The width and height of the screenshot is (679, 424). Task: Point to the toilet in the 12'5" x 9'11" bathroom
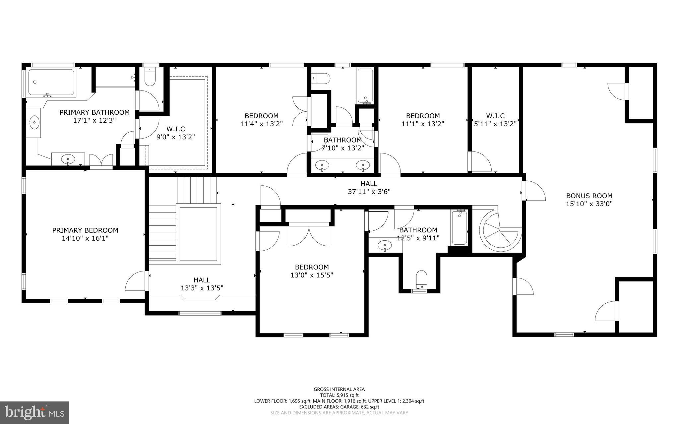[x=421, y=278]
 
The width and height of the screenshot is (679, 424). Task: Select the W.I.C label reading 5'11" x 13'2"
[x=495, y=120]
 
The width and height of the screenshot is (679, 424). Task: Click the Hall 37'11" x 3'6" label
[x=369, y=187]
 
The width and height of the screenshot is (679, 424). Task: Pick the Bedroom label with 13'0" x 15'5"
[x=312, y=271]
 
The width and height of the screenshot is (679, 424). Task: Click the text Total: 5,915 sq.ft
[x=339, y=395]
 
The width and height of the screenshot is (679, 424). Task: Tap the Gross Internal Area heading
[x=339, y=389]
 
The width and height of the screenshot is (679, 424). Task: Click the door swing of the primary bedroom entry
[x=136, y=281]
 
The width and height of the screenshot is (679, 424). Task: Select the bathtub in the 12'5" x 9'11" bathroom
[x=459, y=228]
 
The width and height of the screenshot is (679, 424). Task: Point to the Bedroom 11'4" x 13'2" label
[x=261, y=120]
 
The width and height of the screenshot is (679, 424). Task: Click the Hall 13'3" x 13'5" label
[x=202, y=284]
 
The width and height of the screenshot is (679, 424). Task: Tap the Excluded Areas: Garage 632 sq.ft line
[x=339, y=407]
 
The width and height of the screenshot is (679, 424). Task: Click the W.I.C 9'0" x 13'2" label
[x=175, y=133]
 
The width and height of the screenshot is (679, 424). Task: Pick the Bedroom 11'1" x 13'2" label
[x=423, y=120]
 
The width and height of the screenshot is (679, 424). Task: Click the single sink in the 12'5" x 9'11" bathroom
[x=385, y=246]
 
